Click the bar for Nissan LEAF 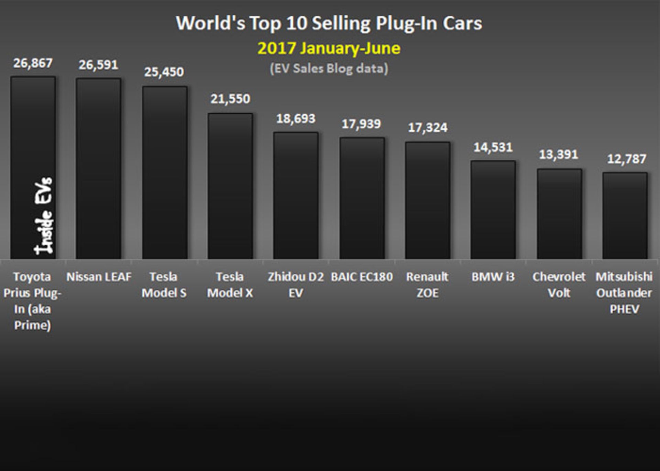click(x=98, y=168)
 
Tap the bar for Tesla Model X click(x=230, y=186)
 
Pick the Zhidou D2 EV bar click(x=296, y=195)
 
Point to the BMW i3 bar click(x=493, y=210)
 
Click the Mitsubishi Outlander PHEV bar click(x=625, y=215)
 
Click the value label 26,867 click(x=33, y=63)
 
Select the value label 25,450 click(x=164, y=72)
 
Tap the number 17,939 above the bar click(x=361, y=124)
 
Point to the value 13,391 click(x=559, y=155)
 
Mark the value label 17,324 click(x=428, y=128)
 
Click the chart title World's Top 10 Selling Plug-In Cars click(x=329, y=23)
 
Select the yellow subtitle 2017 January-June click(x=329, y=48)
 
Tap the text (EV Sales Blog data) click(x=329, y=68)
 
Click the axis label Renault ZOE click(x=427, y=285)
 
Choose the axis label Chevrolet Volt click(x=559, y=285)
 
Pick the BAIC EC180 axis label click(x=362, y=277)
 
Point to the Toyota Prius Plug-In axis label click(x=32, y=301)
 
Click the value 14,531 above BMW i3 click(x=493, y=148)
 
